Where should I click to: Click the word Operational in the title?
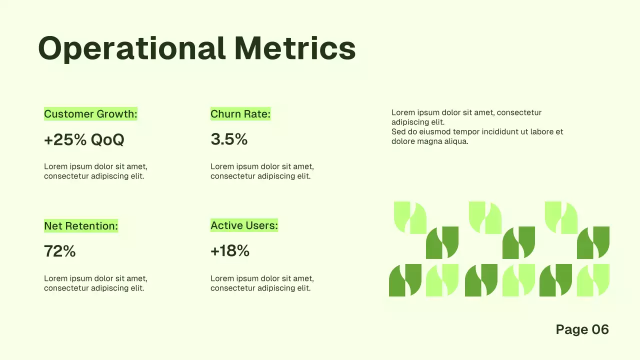click(131, 49)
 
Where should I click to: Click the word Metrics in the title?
click(295, 49)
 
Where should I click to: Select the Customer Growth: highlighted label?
click(90, 114)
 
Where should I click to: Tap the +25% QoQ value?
click(84, 139)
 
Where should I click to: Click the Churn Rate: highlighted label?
click(240, 114)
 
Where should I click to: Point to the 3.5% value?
click(229, 139)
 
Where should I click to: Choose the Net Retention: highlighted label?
click(81, 226)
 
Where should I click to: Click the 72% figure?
click(59, 251)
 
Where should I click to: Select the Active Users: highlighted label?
click(244, 225)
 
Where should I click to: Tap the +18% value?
click(230, 251)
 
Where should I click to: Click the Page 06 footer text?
click(582, 329)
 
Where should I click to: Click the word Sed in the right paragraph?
click(398, 132)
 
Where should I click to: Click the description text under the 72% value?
click(95, 283)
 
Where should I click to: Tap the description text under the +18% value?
click(262, 283)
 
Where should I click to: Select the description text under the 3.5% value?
click(262, 171)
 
